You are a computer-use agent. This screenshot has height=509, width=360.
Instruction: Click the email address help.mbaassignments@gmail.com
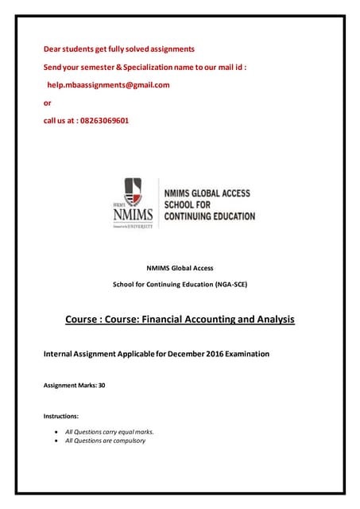click(x=108, y=85)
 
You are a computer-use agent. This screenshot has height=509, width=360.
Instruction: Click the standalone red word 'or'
click(x=47, y=103)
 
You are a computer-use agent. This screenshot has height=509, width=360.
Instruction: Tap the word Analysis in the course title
click(x=272, y=320)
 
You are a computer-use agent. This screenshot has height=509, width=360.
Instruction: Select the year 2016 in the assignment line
click(x=220, y=353)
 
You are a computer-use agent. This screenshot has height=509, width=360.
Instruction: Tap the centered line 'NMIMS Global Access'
click(x=180, y=268)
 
